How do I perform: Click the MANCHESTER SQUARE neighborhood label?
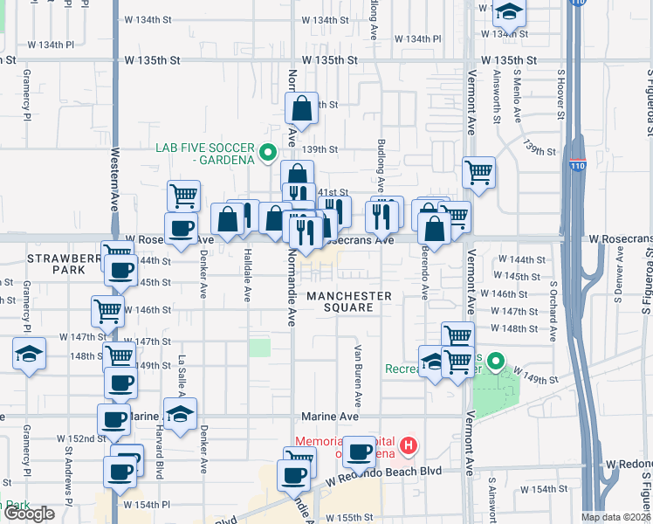coord(349,301)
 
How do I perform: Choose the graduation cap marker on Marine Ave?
coord(180,414)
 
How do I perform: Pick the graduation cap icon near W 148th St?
coord(29,354)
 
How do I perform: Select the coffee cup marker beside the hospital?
coord(359,452)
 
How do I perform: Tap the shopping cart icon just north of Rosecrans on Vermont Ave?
coord(478,173)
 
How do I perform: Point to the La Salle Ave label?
coord(182,372)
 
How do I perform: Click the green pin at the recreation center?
coord(497,361)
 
